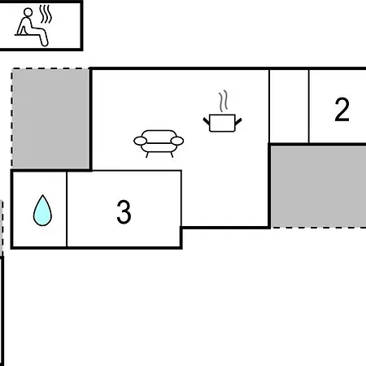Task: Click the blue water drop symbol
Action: (x=42, y=211)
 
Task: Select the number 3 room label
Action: (x=124, y=211)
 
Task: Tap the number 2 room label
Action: (x=342, y=109)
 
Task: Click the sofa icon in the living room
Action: (x=159, y=143)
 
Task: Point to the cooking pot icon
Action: (x=222, y=124)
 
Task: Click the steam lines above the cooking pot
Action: (x=224, y=101)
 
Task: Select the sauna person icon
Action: (x=33, y=27)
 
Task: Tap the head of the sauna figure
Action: (x=28, y=12)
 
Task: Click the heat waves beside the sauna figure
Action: (x=46, y=14)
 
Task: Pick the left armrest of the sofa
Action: (x=140, y=141)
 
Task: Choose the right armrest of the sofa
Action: (x=177, y=141)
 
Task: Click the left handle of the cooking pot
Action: (x=207, y=121)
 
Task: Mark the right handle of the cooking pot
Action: (x=238, y=122)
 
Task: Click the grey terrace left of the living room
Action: (x=51, y=119)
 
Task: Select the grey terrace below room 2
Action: (x=319, y=186)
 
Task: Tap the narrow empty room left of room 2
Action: (x=289, y=106)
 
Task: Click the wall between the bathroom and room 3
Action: (x=67, y=209)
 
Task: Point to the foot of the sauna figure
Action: (x=45, y=43)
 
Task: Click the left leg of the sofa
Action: (x=147, y=155)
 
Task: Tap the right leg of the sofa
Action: (x=172, y=155)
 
